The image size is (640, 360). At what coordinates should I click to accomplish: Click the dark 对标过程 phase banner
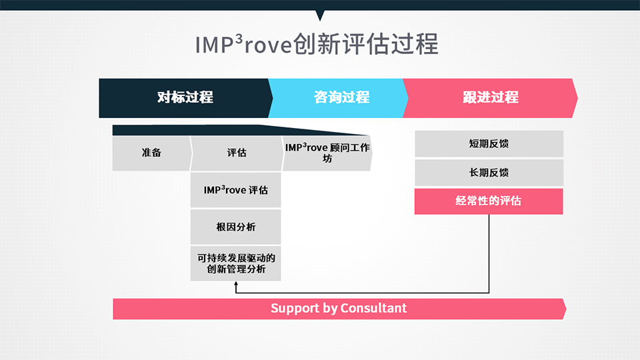(186, 99)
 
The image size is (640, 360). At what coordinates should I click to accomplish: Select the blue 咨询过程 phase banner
(339, 99)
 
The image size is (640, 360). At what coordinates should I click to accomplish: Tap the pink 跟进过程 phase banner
(490, 99)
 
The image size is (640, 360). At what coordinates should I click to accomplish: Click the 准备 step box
(151, 153)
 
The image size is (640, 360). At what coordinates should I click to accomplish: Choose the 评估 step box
(237, 153)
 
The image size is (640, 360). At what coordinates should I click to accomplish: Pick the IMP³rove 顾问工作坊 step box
(327, 153)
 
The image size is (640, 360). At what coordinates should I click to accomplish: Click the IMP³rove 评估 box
(235, 190)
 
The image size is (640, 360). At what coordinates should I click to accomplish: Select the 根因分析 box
(235, 227)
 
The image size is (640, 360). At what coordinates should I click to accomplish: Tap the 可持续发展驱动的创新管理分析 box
(235, 263)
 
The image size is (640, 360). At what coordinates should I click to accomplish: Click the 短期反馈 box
(489, 144)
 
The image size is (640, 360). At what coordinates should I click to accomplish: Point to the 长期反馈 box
(489, 173)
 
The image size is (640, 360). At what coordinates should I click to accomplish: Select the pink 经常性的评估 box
(489, 201)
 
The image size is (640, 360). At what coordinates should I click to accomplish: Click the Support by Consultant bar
(339, 309)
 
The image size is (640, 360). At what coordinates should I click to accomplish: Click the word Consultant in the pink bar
(373, 308)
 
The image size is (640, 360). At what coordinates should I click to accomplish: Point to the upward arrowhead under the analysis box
(236, 284)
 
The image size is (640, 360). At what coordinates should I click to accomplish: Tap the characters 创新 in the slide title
(317, 44)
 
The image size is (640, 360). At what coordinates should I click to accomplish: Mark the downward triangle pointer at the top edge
(321, 15)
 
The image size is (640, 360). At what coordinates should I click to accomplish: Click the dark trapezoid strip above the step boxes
(241, 130)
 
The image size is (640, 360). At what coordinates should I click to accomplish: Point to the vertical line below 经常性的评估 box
(489, 253)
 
